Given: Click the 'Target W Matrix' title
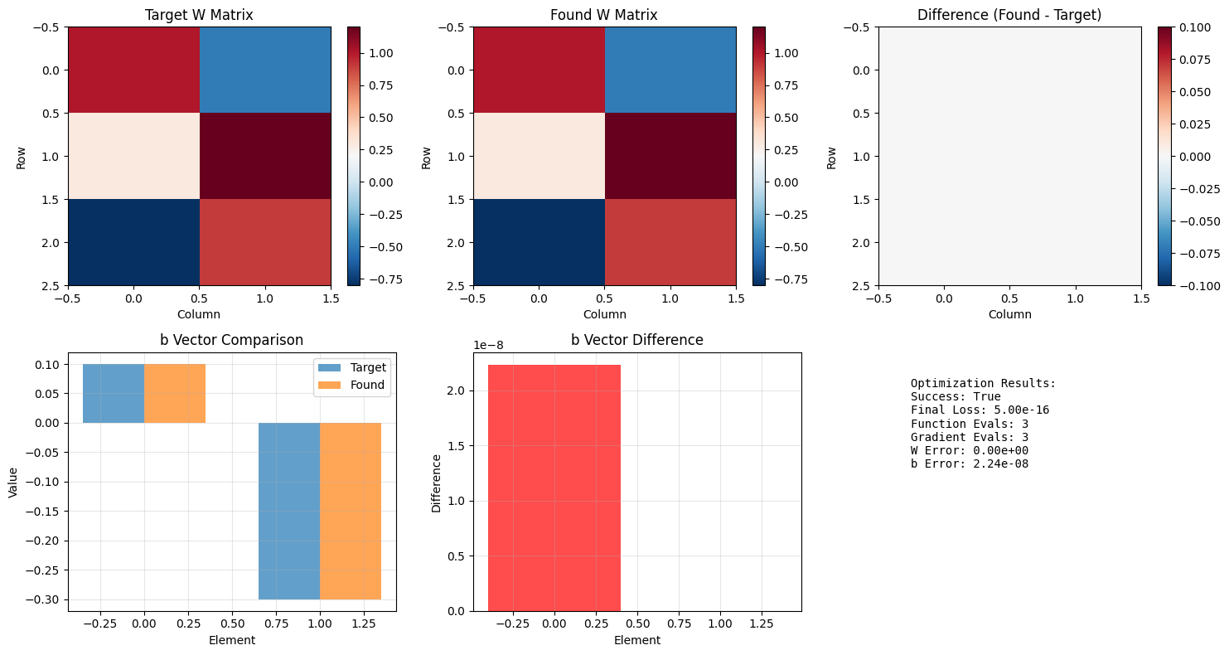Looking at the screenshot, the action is tap(199, 15).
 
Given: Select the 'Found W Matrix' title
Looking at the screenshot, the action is tap(604, 15).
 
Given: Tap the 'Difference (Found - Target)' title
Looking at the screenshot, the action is tap(1009, 15).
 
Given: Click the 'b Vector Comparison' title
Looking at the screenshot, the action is tap(231, 340).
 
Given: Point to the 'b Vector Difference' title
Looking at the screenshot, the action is tap(637, 340).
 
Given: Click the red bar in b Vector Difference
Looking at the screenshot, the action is tap(554, 488).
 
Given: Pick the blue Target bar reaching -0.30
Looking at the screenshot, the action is tap(289, 512).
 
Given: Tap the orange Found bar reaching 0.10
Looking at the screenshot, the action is tap(175, 394).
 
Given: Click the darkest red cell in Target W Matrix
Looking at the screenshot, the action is tap(265, 157).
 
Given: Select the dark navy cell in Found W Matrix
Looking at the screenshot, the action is tap(539, 242).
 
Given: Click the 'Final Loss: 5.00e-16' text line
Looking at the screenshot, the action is tap(980, 410).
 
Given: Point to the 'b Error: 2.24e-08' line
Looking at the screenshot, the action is tap(970, 464).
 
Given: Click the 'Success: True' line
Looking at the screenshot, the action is tap(956, 396).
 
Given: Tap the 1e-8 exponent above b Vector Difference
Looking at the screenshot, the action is tap(488, 346).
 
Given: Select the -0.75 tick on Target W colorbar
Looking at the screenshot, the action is tap(384, 279).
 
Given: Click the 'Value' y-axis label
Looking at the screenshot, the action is tap(13, 482).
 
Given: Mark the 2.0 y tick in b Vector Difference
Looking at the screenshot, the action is tap(457, 391).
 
